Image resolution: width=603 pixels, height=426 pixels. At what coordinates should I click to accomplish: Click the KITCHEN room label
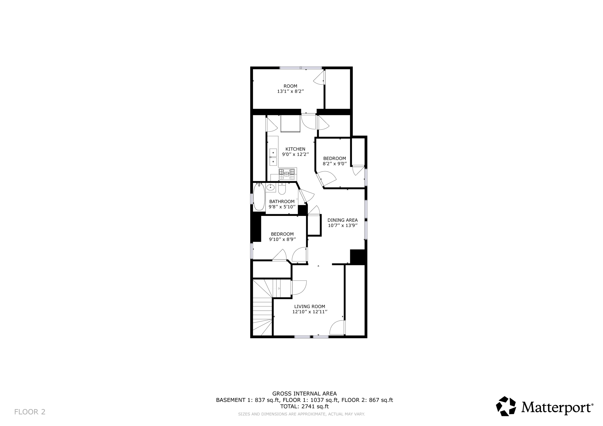pos(295,149)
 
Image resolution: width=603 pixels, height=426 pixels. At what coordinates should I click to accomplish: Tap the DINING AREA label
pos(342,220)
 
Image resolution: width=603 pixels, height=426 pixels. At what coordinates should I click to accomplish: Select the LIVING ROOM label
pos(309,307)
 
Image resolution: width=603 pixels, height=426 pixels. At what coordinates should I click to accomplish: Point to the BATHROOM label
pos(282,202)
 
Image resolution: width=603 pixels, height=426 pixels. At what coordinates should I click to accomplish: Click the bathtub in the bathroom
pos(259,197)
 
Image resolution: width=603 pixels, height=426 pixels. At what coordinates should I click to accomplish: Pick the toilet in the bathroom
pos(282,189)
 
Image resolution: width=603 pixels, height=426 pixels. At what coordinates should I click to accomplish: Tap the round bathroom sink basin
pos(271,187)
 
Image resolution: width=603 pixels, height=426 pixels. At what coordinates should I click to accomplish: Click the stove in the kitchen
pos(287,174)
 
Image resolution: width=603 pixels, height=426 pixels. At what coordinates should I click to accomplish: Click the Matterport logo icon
pos(506,406)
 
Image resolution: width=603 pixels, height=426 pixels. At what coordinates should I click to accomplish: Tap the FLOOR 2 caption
pos(30,412)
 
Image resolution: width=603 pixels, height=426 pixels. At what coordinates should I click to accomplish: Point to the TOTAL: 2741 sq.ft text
pos(304,407)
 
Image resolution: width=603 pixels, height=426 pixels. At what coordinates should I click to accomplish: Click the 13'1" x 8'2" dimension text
pos(290,91)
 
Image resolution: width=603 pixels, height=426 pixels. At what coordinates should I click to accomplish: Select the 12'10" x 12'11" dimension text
pos(310,312)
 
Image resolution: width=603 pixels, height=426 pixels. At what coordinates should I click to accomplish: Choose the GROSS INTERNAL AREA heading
pos(304,394)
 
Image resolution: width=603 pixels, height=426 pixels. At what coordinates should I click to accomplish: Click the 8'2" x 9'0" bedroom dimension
pos(334,164)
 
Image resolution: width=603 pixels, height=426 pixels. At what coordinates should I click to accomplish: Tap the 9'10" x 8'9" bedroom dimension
pos(282,239)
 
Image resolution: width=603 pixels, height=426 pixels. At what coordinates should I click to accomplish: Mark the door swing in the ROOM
pos(319,78)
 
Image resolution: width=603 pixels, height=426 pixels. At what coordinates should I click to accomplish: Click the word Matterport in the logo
pos(557,407)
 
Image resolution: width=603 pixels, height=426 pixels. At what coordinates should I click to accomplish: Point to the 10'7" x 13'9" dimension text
pos(343,226)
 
